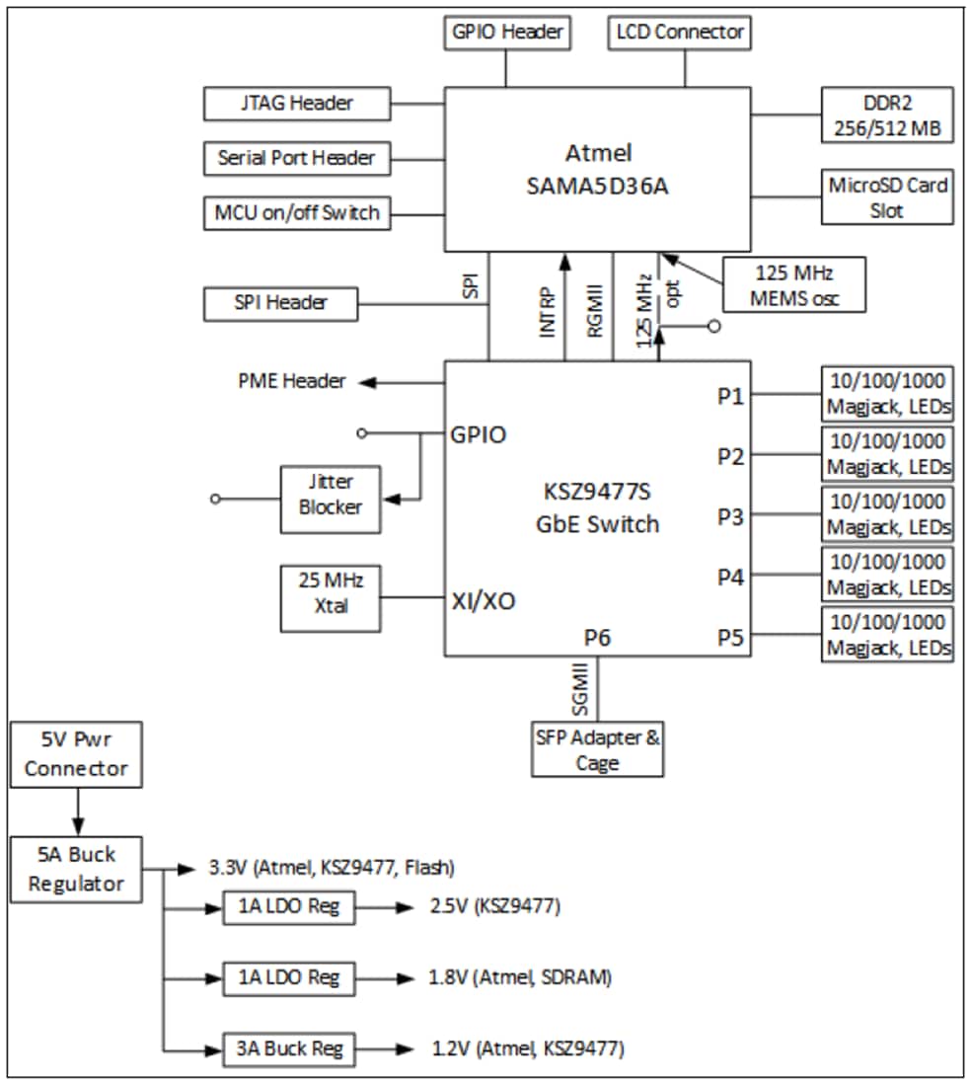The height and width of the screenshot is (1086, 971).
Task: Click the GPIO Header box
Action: (x=506, y=33)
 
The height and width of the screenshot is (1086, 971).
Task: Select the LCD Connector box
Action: (x=679, y=33)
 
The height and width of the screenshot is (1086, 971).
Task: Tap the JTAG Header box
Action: (x=296, y=103)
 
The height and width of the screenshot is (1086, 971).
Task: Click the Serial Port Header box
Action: (x=296, y=158)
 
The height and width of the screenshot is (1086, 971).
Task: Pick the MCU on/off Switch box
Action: (x=296, y=212)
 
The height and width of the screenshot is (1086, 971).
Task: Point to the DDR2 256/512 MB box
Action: (x=888, y=116)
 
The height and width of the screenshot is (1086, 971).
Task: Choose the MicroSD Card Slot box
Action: (x=888, y=197)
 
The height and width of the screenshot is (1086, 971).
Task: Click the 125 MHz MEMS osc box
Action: (x=794, y=284)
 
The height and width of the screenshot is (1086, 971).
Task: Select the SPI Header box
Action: (x=279, y=302)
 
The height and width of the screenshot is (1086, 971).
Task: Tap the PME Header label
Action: (x=292, y=381)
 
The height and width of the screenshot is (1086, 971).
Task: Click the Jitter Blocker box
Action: (x=330, y=495)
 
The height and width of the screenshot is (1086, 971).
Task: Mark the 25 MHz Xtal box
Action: (x=331, y=597)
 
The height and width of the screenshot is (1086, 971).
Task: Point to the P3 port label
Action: (x=730, y=516)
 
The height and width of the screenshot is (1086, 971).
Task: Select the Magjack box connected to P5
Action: (x=888, y=635)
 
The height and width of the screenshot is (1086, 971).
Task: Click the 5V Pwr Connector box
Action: (x=76, y=755)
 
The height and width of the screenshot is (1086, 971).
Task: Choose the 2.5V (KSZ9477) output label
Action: (x=494, y=906)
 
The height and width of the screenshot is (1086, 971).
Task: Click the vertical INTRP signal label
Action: (x=548, y=314)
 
